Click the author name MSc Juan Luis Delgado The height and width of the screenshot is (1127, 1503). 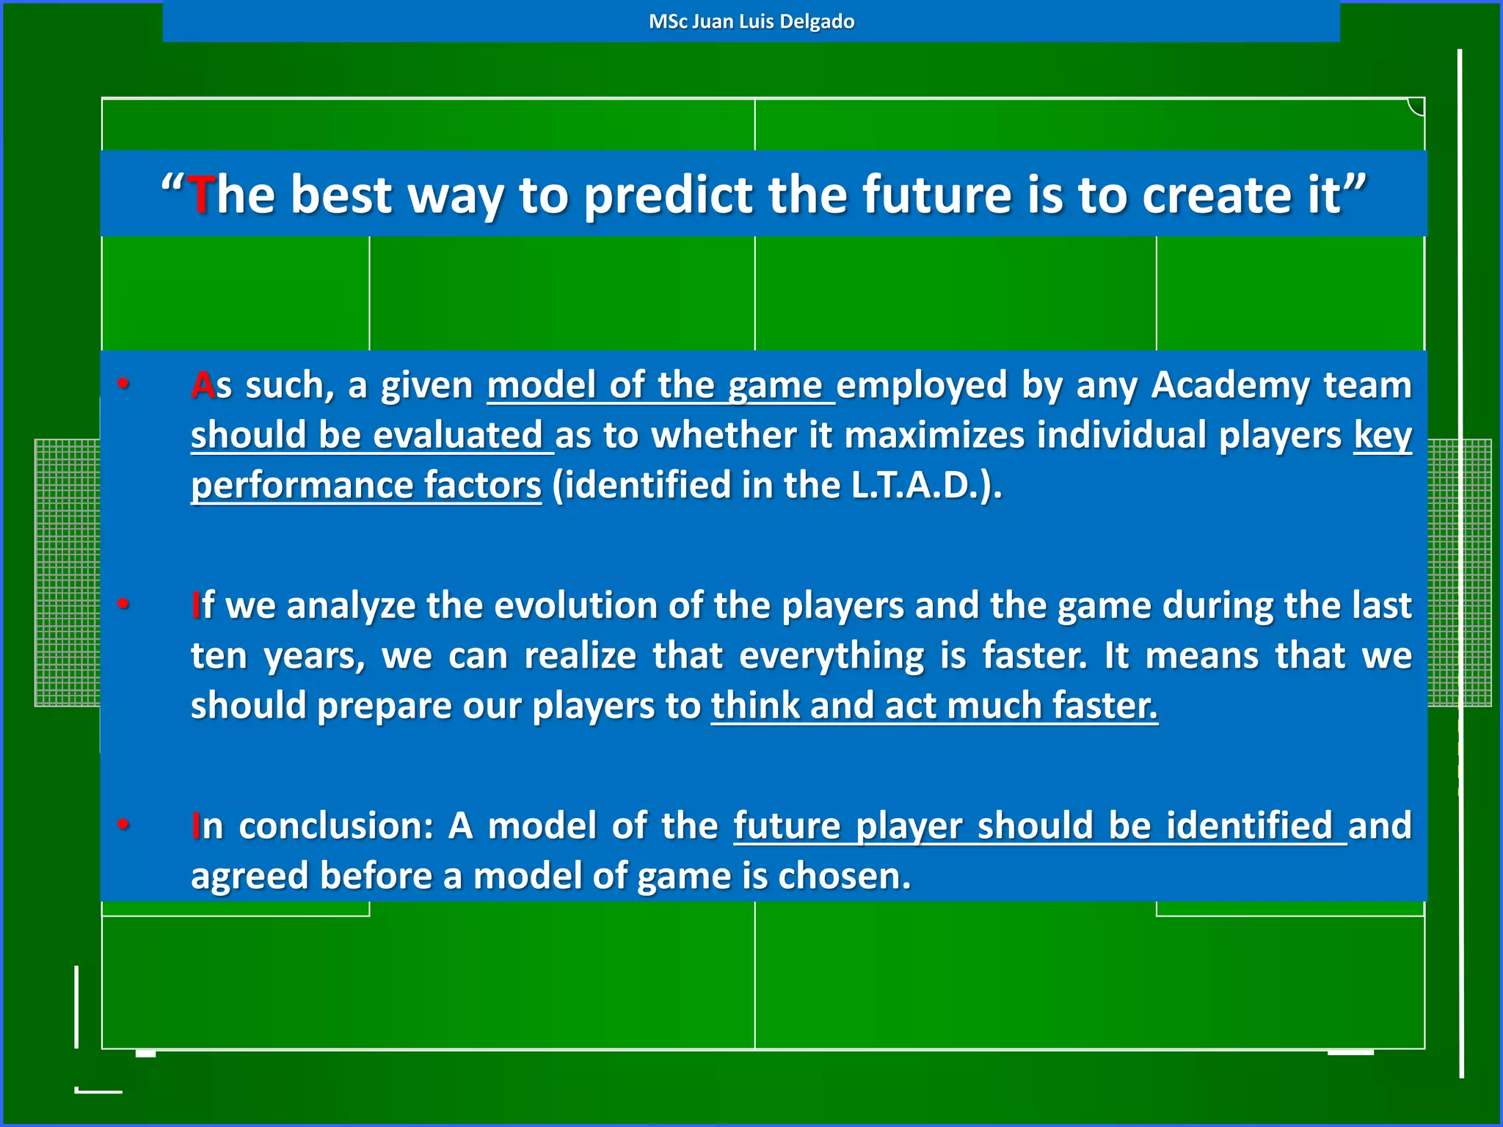pos(751,21)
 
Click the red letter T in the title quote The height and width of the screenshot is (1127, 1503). pos(200,195)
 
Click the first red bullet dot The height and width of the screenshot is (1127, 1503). pos(123,383)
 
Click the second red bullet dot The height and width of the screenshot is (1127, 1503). pos(123,603)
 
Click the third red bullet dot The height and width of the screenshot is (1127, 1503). pos(123,823)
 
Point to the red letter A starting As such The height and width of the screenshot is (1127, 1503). pos(203,385)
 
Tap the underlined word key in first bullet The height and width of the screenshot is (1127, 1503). pos(1383,436)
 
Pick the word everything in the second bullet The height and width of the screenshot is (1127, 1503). pos(831,656)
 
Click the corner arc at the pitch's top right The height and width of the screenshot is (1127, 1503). pos(1416,108)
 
